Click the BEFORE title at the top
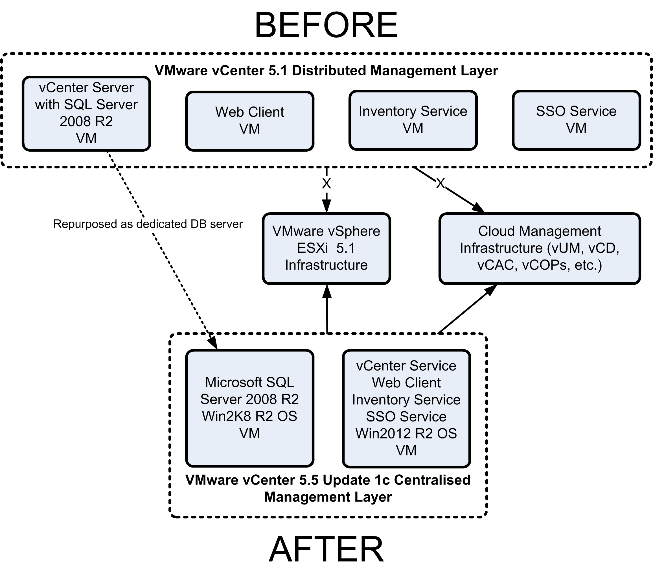click(x=326, y=25)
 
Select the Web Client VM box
click(x=249, y=121)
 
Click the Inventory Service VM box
click(x=413, y=120)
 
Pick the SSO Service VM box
click(x=576, y=120)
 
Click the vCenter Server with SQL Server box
click(x=86, y=113)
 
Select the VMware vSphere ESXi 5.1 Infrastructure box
click(x=326, y=248)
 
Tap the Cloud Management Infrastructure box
click(x=540, y=248)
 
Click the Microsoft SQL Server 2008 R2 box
click(x=249, y=408)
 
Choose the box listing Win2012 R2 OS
click(x=406, y=408)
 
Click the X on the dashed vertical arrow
click(x=326, y=184)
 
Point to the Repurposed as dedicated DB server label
click(x=148, y=224)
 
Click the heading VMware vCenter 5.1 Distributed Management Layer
click(x=326, y=71)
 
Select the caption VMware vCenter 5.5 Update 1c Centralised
click(x=328, y=480)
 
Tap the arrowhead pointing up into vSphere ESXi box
click(x=327, y=291)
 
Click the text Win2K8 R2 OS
click(x=249, y=416)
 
